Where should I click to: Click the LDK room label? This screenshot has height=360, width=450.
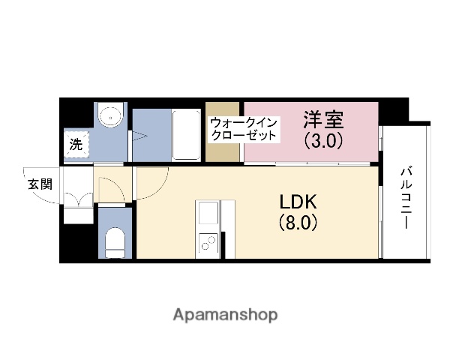(x=299, y=202)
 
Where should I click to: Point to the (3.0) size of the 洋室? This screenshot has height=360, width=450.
(x=323, y=139)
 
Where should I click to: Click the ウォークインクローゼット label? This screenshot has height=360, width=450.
(x=244, y=129)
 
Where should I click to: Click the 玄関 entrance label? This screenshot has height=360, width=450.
(x=40, y=184)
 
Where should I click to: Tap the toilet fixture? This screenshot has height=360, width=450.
(x=115, y=241)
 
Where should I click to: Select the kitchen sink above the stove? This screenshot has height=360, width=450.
(x=208, y=213)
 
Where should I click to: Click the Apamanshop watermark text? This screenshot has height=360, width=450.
(x=225, y=314)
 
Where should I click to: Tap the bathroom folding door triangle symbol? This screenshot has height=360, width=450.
(x=139, y=136)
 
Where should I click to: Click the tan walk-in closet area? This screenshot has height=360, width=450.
(x=223, y=150)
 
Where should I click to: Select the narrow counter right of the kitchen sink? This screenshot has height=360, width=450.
(x=227, y=225)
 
